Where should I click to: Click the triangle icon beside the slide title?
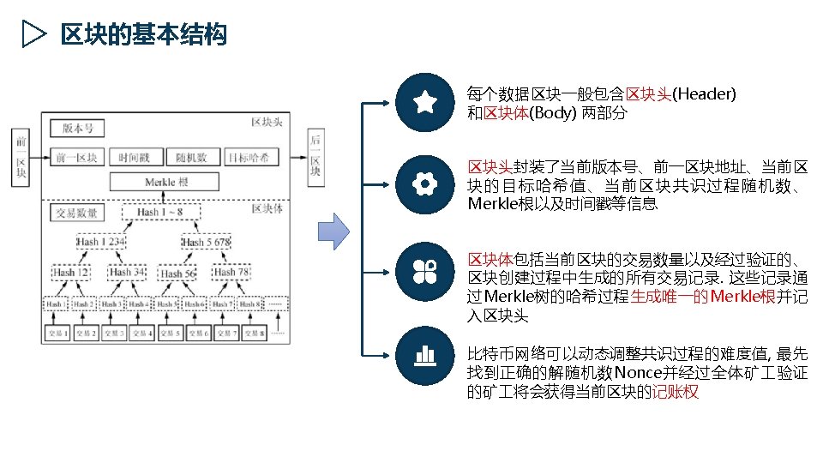tap(33, 34)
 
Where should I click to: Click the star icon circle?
tap(425, 103)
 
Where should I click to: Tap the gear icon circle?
tap(425, 184)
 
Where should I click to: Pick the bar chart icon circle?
tap(425, 354)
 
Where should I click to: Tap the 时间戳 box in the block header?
tap(134, 157)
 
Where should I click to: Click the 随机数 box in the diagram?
tap(192, 157)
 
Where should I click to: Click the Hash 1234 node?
tap(101, 243)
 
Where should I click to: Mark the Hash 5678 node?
tap(206, 243)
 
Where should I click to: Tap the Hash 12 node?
tap(71, 273)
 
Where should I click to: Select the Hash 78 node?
tap(231, 273)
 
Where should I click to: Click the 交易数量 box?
tap(76, 213)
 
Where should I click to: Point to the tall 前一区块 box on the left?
tap(21, 156)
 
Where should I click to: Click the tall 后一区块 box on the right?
tap(316, 155)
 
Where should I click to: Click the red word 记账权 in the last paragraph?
tap(676, 393)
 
